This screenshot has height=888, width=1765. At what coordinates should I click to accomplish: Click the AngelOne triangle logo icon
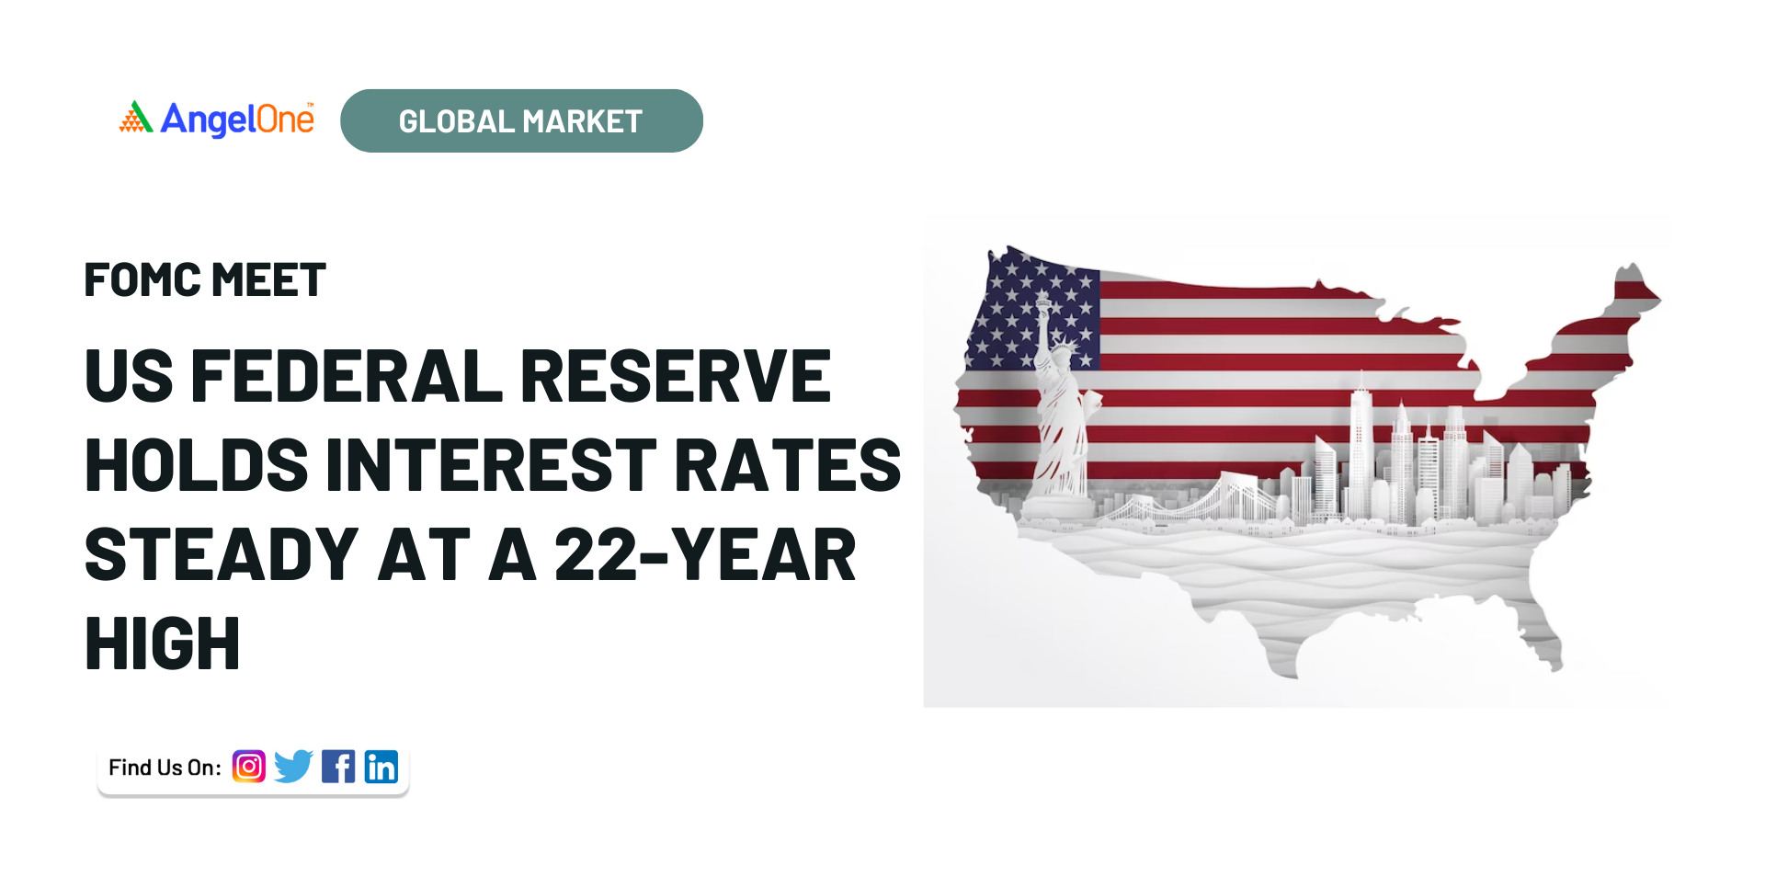(x=136, y=117)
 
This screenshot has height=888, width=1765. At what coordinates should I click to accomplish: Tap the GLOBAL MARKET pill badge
(x=521, y=120)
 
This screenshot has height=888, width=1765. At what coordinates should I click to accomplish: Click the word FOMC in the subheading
(x=142, y=280)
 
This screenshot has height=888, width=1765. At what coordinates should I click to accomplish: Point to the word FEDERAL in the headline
(x=347, y=376)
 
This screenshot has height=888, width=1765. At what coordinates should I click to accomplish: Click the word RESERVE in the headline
(x=676, y=376)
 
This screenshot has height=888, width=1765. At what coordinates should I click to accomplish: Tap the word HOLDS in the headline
(x=197, y=465)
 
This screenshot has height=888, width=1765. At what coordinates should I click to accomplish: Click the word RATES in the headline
(x=788, y=465)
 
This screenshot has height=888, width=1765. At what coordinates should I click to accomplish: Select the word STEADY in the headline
(x=222, y=555)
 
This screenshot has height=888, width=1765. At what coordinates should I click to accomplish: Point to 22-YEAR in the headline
(x=705, y=555)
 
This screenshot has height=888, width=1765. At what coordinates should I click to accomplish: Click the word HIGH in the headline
(x=163, y=643)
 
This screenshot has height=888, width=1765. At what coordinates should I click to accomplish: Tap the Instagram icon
(x=248, y=766)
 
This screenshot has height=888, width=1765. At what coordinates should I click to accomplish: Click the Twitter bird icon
(x=293, y=767)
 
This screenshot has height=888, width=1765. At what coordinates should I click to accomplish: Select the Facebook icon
(x=338, y=767)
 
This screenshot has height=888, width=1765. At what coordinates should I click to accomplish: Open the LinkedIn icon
(x=381, y=767)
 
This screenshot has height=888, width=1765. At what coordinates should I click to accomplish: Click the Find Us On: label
(x=165, y=768)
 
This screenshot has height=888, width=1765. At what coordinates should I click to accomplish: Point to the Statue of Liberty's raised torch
(x=1042, y=302)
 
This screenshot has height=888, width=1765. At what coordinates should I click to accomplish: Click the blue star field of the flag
(x=1033, y=313)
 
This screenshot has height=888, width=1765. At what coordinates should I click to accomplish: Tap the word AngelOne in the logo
(x=237, y=120)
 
